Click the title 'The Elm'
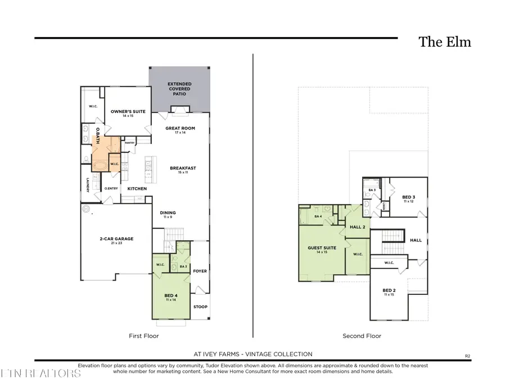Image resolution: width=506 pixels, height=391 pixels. click(x=444, y=42)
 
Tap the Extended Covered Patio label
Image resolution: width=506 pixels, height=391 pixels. click(x=179, y=89)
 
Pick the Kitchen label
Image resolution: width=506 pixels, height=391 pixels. click(x=137, y=188)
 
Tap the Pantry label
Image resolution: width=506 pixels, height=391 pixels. click(x=130, y=143)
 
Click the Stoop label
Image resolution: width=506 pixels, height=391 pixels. click(x=200, y=307)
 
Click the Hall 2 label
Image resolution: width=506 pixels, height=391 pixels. click(x=358, y=226)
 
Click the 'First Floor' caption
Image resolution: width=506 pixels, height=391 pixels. click(x=144, y=336)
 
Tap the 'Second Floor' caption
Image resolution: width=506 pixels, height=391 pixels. click(x=362, y=336)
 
